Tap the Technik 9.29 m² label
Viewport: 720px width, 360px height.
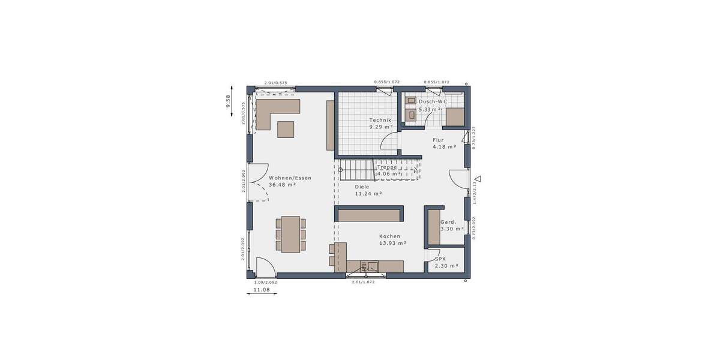click(381, 124)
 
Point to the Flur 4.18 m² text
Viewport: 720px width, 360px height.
click(444, 143)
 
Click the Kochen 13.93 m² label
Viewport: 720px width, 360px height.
click(393, 239)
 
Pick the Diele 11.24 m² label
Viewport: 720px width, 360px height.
click(368, 190)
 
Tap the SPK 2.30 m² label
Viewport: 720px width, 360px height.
click(446, 262)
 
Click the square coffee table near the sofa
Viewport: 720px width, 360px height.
click(286, 130)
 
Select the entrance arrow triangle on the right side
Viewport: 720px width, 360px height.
click(478, 179)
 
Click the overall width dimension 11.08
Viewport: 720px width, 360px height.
click(261, 290)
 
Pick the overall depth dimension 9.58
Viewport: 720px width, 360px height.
click(228, 101)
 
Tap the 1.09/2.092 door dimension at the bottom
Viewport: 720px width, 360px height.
click(265, 282)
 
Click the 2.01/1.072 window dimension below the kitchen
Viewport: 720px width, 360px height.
click(363, 282)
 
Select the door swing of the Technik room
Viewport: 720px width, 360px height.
click(389, 141)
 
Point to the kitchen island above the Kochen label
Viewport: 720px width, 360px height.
click(370, 215)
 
